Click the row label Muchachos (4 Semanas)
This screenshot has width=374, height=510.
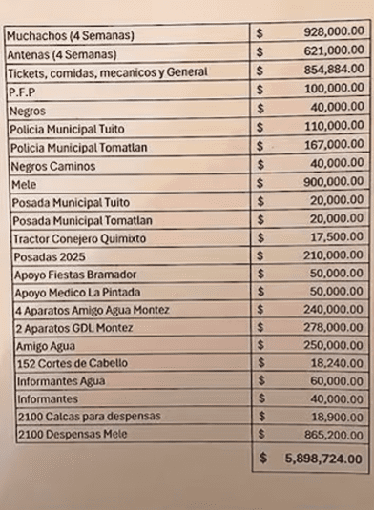click(70, 36)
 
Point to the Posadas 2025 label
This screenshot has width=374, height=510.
click(48, 256)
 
